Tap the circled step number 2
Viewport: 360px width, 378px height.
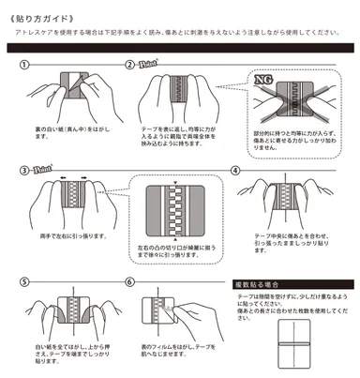[x=131, y=64]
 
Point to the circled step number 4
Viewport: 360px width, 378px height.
[x=236, y=172]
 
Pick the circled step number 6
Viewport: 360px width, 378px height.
[x=131, y=280]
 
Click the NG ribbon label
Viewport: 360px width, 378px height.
[x=262, y=83]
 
